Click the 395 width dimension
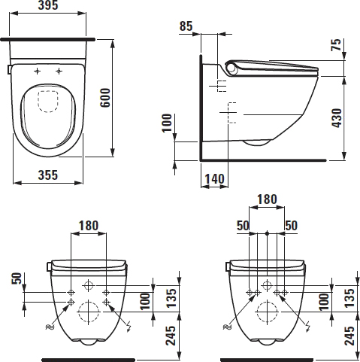(x=48, y=5)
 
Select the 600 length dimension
(x=105, y=98)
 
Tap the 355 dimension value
(x=48, y=175)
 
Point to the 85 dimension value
(x=186, y=26)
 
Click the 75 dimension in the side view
(x=336, y=45)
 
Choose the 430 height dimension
(x=337, y=118)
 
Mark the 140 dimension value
(x=215, y=179)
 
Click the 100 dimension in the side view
(x=167, y=123)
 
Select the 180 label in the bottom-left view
(x=89, y=226)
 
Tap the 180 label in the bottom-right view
(x=267, y=199)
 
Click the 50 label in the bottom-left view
(x=17, y=278)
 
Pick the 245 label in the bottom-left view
(x=171, y=336)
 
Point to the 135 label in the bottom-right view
(x=349, y=298)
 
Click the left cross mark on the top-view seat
(x=37, y=71)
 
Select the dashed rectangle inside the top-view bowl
(x=48, y=102)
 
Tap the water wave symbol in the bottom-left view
(x=50, y=327)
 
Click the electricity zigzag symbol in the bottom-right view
(x=308, y=326)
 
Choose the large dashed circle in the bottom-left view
(x=88, y=312)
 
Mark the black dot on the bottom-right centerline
(x=267, y=233)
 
